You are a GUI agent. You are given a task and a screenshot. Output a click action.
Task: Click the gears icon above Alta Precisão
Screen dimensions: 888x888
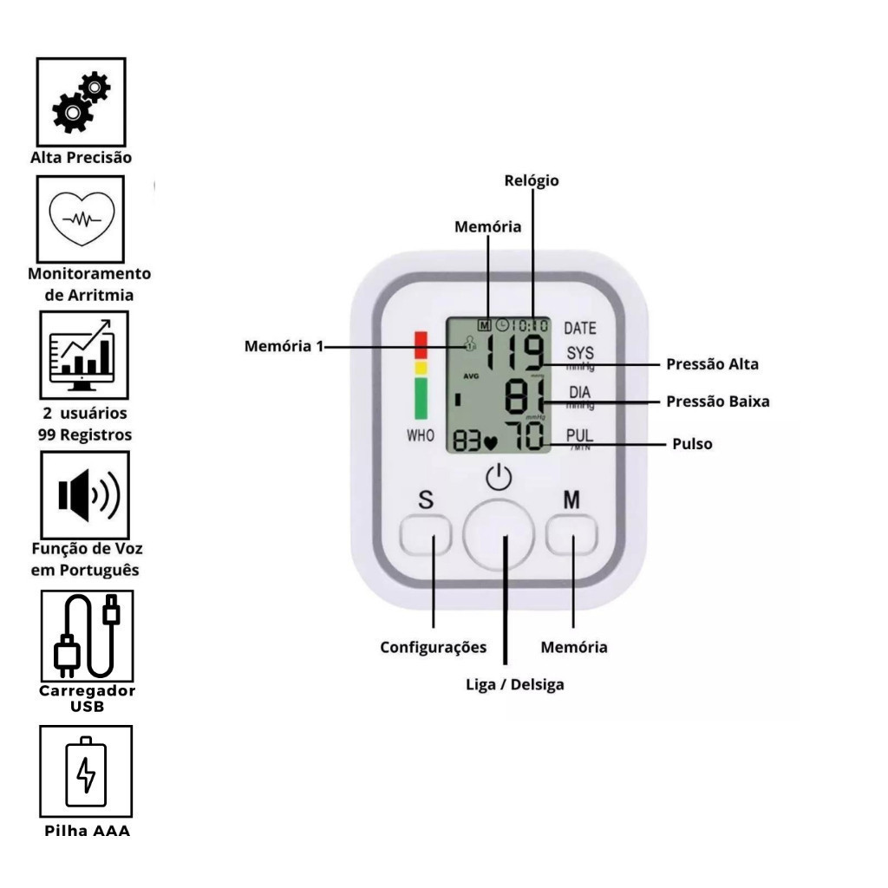[x=81, y=102]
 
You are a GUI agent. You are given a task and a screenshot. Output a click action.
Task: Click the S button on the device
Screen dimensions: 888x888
[x=426, y=538]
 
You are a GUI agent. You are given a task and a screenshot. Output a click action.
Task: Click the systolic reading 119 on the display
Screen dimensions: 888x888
[x=514, y=354]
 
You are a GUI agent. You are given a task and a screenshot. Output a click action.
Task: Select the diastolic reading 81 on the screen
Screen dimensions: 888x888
[x=526, y=397]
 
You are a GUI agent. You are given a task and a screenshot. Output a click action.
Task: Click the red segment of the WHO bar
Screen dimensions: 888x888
[x=421, y=344]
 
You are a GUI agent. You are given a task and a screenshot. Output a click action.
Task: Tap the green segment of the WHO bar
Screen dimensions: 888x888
[x=421, y=399]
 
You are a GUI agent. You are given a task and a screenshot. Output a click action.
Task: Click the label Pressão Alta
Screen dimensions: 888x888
[x=712, y=364]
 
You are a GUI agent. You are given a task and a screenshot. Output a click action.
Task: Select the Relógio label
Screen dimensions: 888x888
[x=532, y=181]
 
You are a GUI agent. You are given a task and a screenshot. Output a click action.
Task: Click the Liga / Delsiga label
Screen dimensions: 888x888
[x=515, y=685]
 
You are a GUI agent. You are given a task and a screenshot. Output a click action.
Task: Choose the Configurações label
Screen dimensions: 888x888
[x=434, y=648]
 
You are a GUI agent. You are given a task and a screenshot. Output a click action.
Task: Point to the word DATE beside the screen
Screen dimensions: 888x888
[x=580, y=329]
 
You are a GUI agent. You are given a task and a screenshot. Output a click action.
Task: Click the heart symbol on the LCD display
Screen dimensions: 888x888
[x=492, y=442]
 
